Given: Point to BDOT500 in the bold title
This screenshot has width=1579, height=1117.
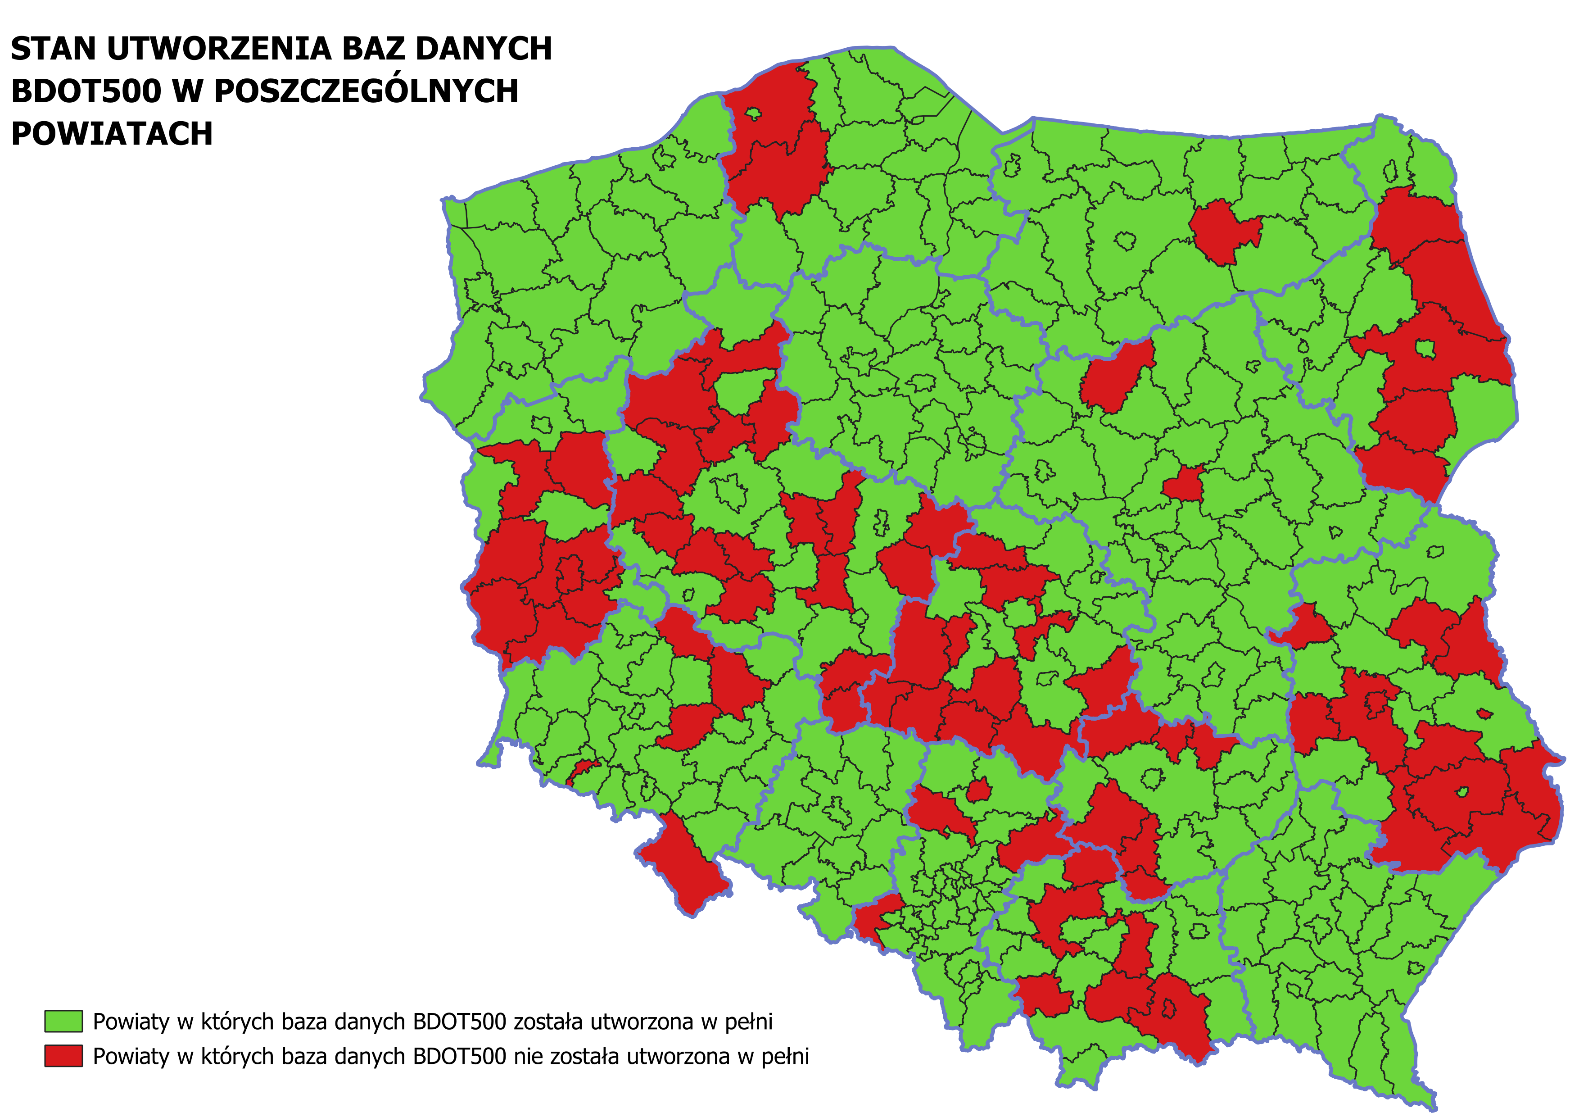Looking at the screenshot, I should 86,91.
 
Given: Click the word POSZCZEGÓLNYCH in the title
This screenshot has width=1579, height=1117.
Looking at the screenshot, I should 366,91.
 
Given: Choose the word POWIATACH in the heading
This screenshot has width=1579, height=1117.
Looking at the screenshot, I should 112,134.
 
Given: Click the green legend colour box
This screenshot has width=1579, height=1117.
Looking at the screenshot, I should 63,1022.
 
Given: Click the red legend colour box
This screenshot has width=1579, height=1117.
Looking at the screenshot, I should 63,1056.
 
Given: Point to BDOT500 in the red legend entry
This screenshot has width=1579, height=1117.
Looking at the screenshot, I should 459,1057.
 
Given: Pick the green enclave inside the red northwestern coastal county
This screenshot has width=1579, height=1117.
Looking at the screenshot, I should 753,114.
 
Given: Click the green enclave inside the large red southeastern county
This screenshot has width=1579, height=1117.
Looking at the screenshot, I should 1462,792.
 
